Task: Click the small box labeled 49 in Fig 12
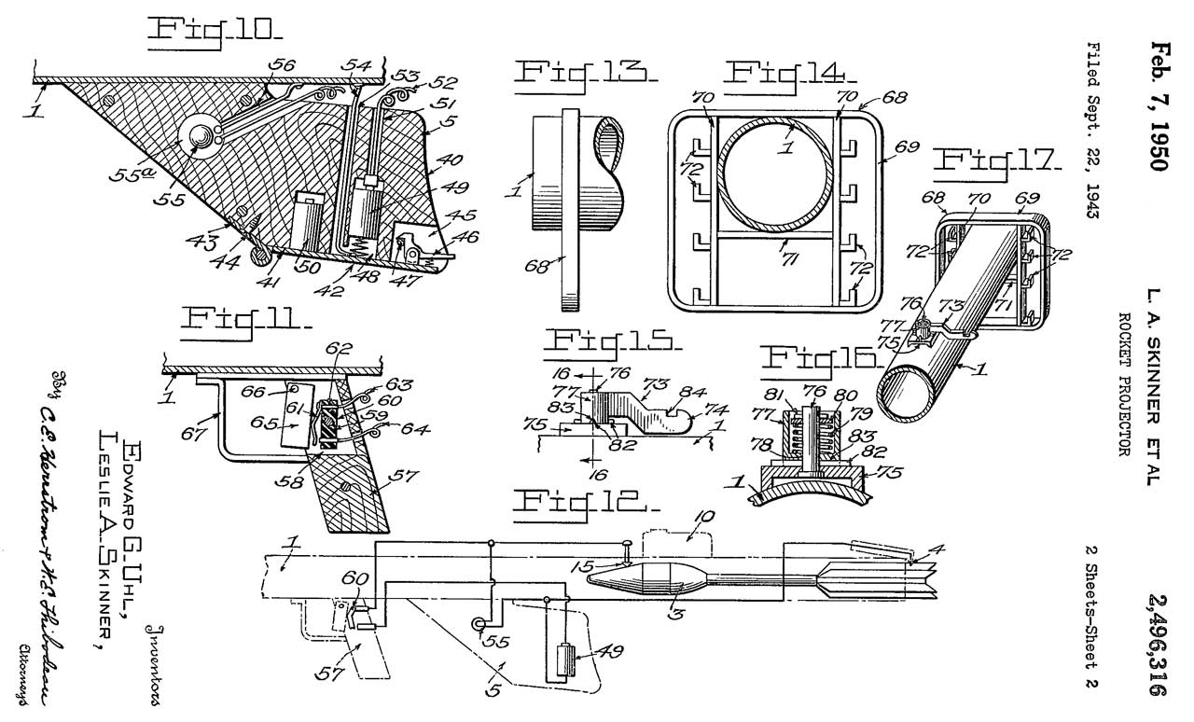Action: (x=562, y=663)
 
